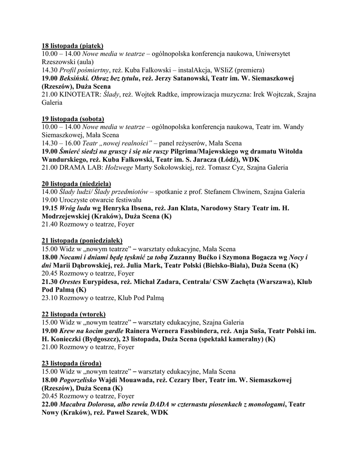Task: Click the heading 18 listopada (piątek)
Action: tap(72, 46)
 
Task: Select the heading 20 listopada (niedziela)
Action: tap(74, 183)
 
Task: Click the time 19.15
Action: tap(50, 208)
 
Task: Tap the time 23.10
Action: tap(49, 298)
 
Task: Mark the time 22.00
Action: tap(50, 404)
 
